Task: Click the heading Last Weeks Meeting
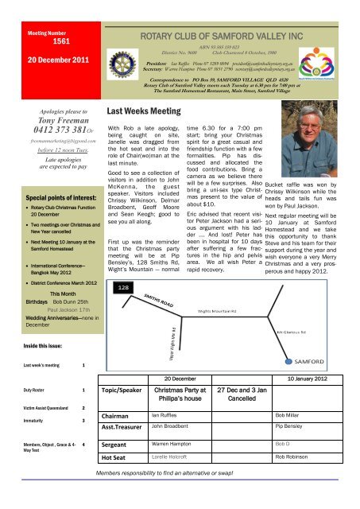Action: pos(142,115)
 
